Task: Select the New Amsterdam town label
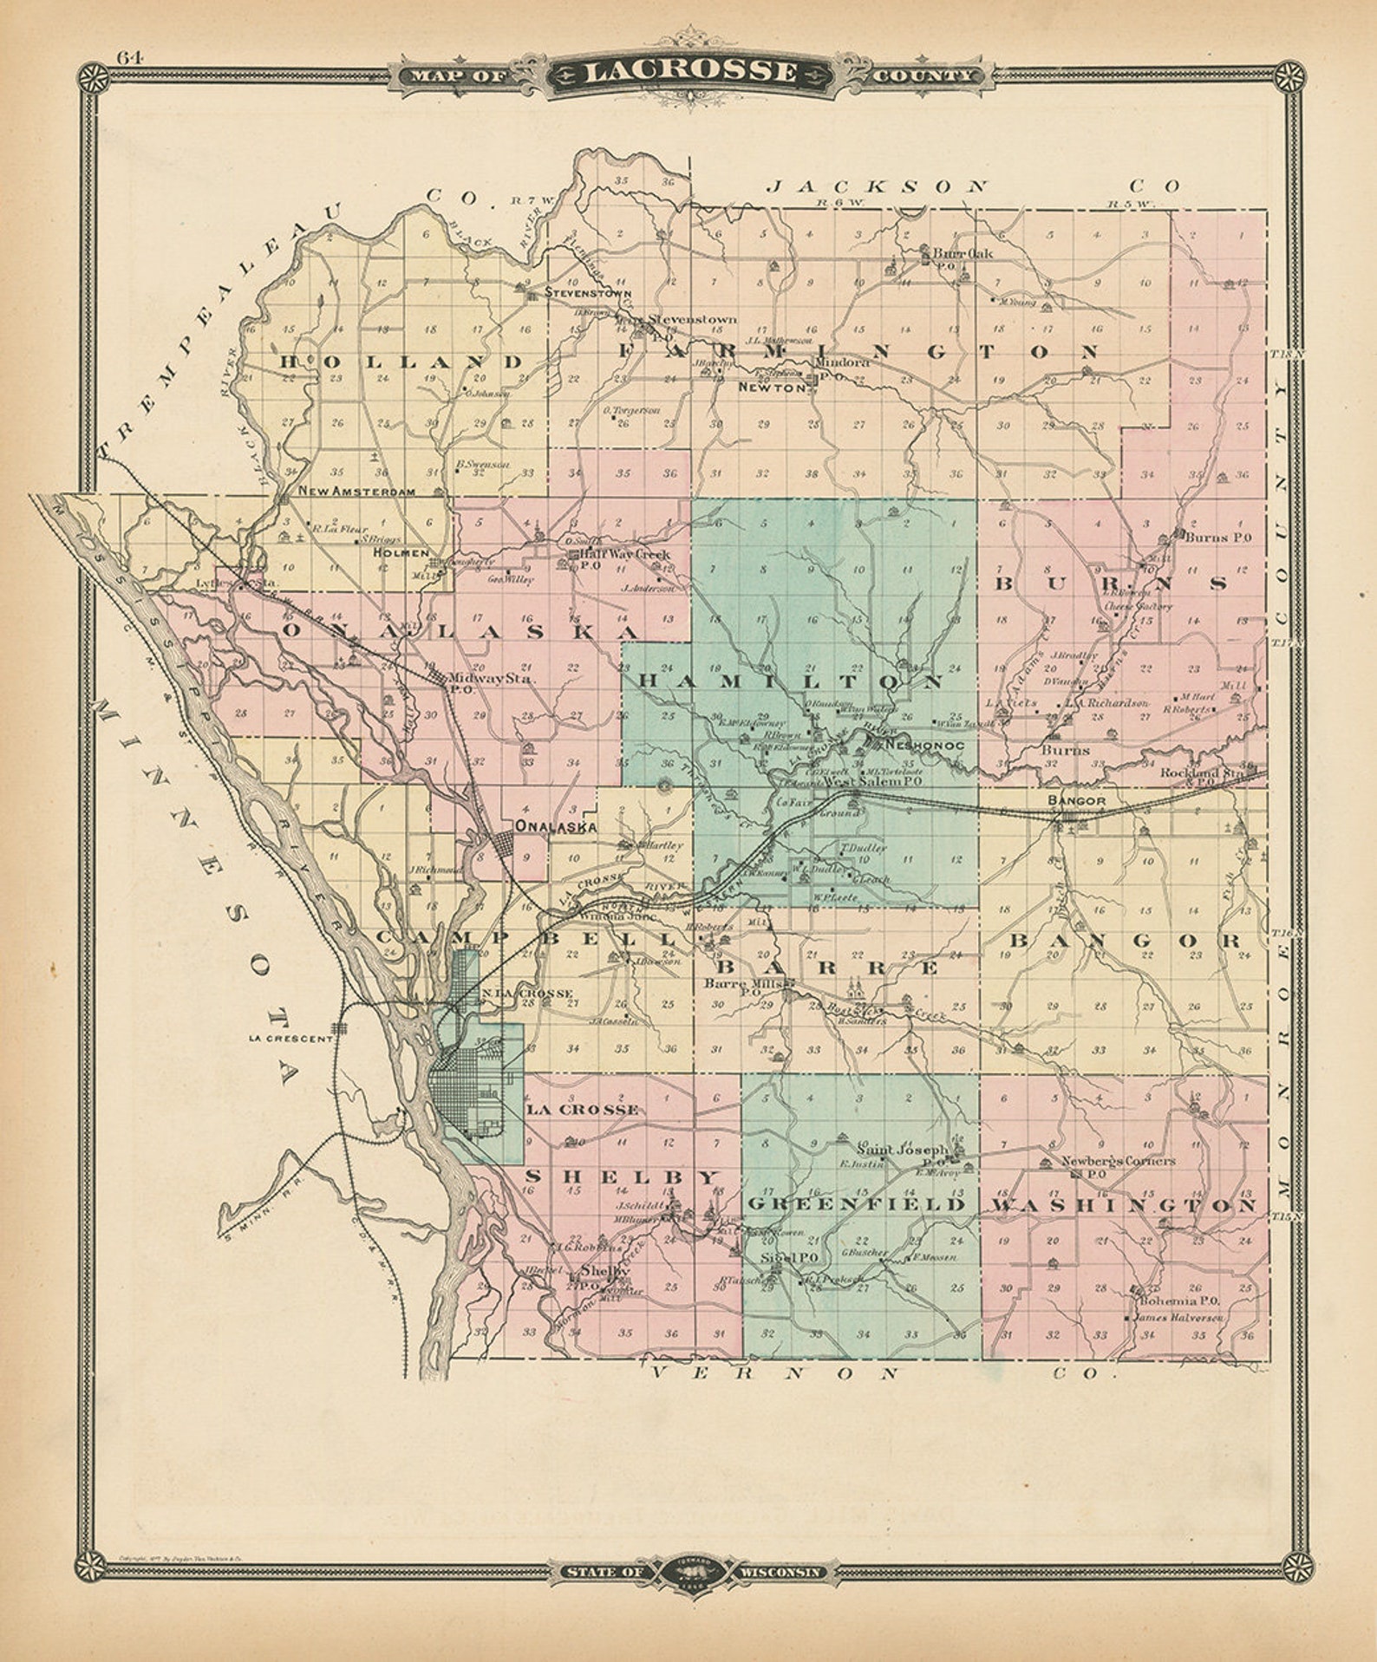click(356, 491)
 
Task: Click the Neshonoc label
click(920, 745)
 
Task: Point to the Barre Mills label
click(744, 983)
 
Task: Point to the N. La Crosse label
click(527, 993)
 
